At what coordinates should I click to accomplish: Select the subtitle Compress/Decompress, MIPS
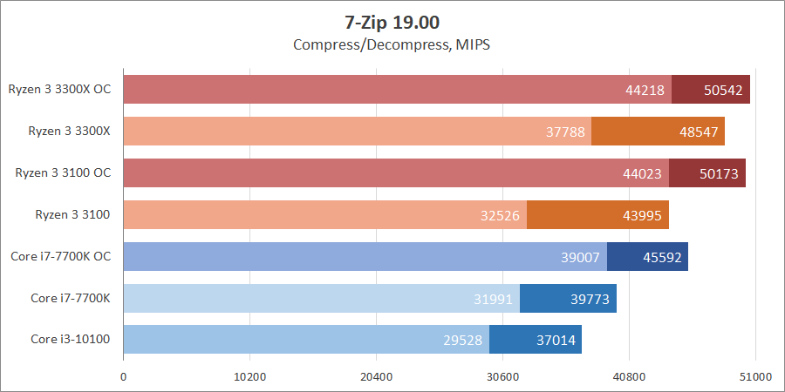(x=392, y=44)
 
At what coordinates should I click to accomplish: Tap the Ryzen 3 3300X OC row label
(x=61, y=89)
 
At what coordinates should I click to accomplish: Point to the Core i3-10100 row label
(x=71, y=340)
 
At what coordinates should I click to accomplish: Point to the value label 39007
(x=580, y=257)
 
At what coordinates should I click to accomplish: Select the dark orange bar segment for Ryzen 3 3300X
(x=658, y=132)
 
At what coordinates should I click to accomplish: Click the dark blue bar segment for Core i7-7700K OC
(x=647, y=257)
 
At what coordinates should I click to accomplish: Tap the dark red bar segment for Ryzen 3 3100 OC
(x=707, y=173)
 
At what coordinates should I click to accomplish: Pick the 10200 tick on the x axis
(x=250, y=377)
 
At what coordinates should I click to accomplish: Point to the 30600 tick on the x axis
(x=502, y=377)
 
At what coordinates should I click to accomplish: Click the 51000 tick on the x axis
(x=755, y=377)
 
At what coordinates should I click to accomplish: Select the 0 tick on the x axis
(x=124, y=377)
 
